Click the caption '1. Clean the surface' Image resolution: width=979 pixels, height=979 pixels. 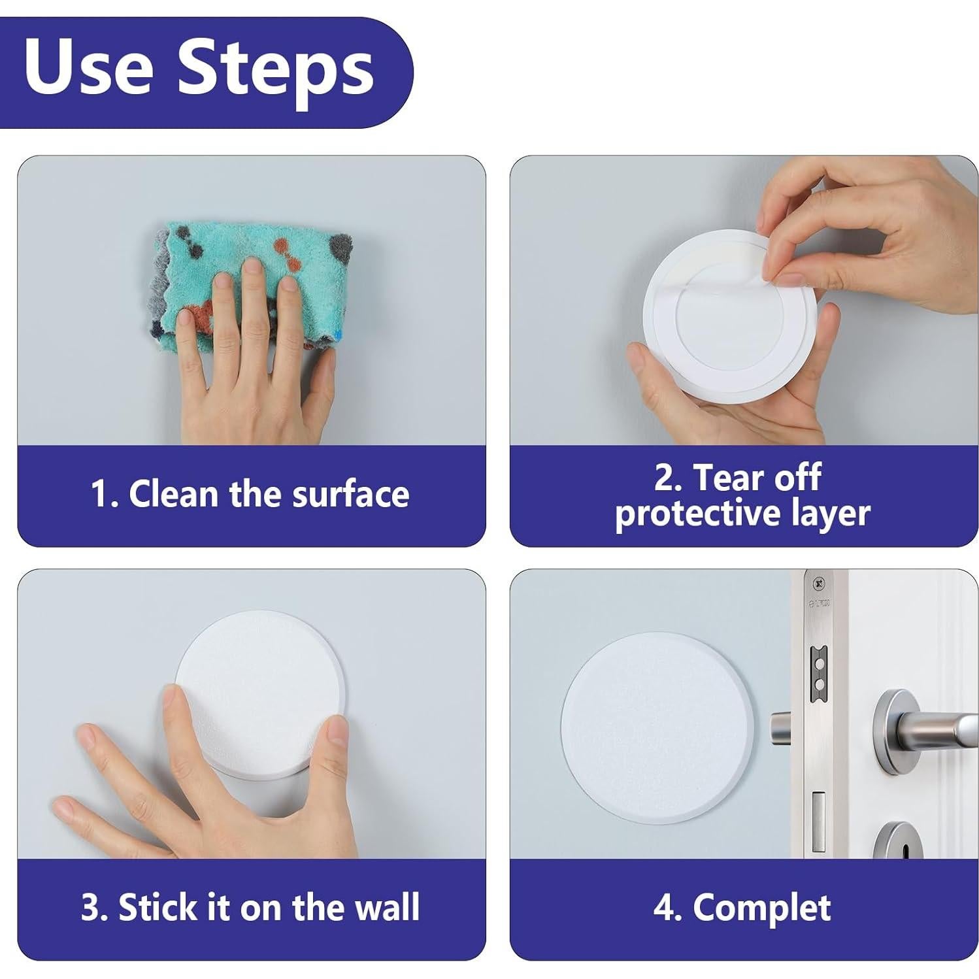point(250,493)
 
